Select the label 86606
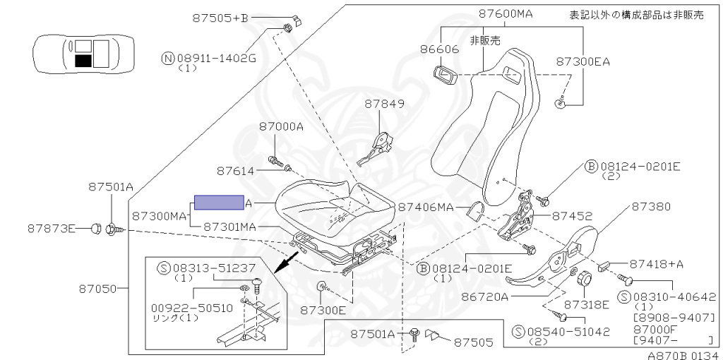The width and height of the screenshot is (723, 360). (x=439, y=50)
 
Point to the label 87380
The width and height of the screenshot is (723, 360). (x=651, y=206)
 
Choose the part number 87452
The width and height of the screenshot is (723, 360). (x=572, y=216)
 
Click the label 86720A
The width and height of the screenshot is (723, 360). (x=485, y=296)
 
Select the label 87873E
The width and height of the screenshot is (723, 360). (x=52, y=228)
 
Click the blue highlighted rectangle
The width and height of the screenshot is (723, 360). (x=220, y=203)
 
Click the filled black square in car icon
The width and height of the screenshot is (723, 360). (x=83, y=61)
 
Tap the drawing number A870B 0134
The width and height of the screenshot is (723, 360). (x=683, y=354)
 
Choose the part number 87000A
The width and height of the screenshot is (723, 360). (x=280, y=127)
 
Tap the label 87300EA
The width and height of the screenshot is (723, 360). (x=582, y=61)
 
